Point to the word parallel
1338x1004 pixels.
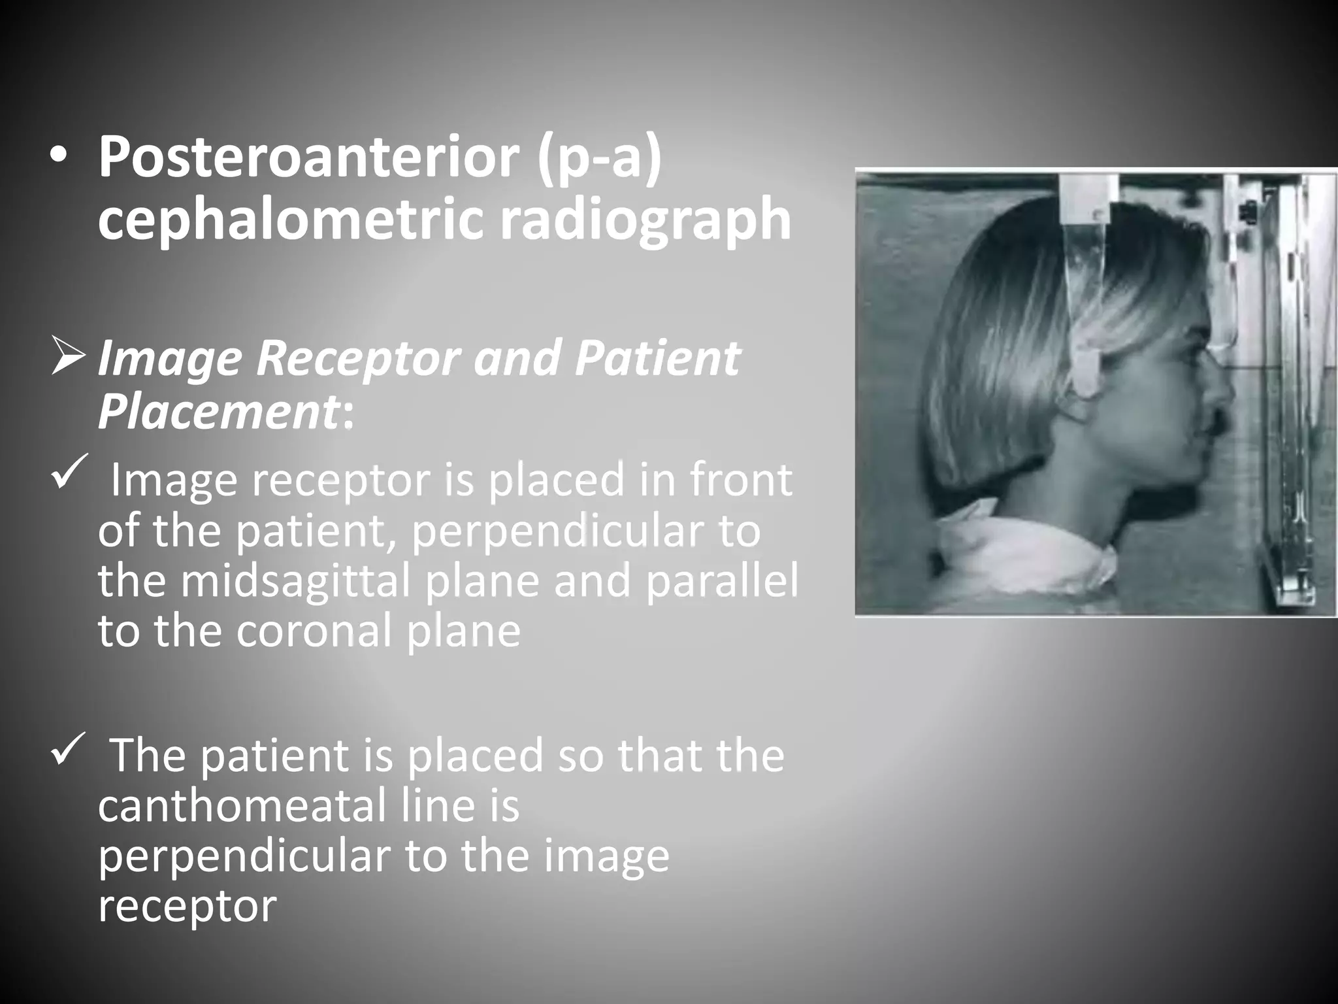721,581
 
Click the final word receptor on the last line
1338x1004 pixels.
188,906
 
